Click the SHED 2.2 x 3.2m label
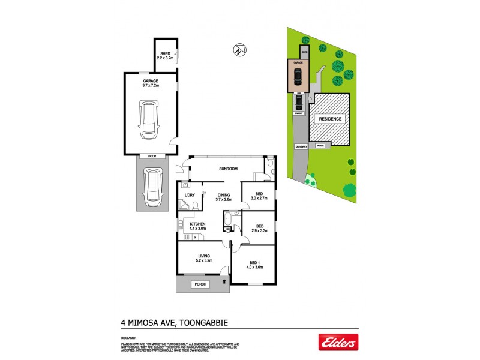165,56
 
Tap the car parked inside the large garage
148,119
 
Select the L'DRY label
190,195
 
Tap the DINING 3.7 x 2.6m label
223,197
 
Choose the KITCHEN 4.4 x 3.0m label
197,226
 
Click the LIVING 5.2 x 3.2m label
204,259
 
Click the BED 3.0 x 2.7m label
259,196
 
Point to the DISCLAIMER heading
128,338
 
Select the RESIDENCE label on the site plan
329,119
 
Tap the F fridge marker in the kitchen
194,237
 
